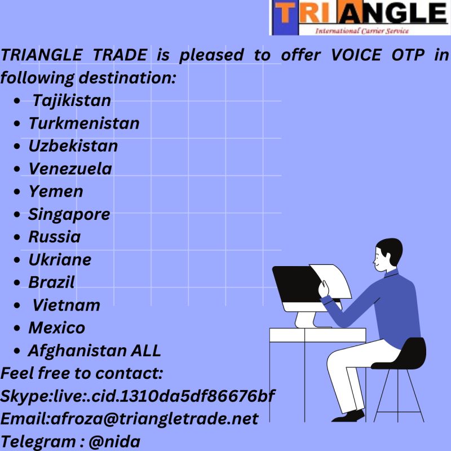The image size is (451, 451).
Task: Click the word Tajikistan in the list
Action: coord(72,101)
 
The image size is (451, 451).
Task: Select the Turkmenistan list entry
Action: coord(83,123)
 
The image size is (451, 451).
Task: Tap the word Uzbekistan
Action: coord(73,146)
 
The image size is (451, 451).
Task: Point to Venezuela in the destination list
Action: coord(70,169)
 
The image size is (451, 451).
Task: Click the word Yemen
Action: coord(56,192)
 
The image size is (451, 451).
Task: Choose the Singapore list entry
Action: coord(69,214)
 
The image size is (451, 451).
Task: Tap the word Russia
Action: coord(55,237)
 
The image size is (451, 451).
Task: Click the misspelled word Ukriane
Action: coord(60,260)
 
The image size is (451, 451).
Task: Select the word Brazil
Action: coord(51,282)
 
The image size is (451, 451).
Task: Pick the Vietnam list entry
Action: coord(66,305)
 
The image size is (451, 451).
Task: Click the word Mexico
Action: coord(57,328)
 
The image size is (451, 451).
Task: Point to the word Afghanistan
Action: coord(77,351)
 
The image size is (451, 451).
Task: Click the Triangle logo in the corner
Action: coord(359,18)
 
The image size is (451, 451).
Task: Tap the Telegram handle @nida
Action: coord(114,441)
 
